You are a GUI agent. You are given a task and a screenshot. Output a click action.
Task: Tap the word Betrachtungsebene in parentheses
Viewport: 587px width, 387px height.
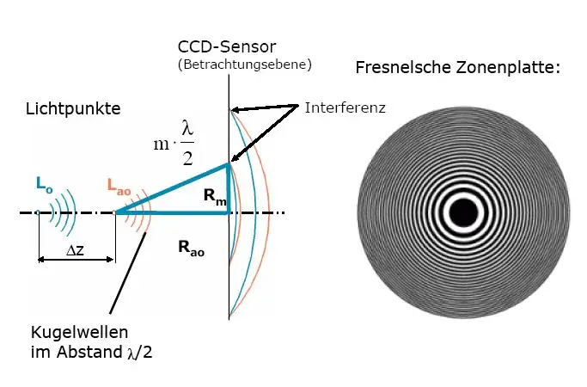pos(244,64)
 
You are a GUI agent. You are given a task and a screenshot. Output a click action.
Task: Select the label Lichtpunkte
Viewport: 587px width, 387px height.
pos(73,109)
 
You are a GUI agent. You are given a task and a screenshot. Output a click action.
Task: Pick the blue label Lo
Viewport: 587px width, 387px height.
pos(44,182)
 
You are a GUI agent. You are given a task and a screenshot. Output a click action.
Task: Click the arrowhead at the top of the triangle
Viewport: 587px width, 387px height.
pos(225,163)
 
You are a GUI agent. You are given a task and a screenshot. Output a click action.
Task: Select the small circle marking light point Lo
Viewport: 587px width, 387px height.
pos(39,212)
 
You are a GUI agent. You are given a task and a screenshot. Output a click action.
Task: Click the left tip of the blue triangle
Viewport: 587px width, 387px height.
pos(118,212)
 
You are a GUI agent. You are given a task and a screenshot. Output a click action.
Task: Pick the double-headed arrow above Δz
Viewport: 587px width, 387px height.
pos(76,258)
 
